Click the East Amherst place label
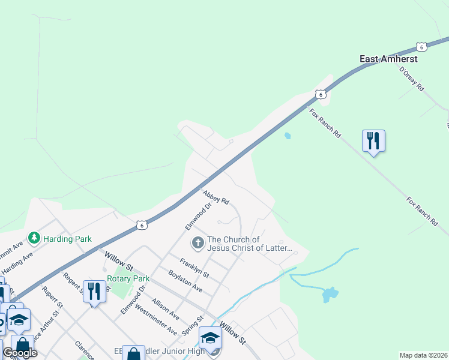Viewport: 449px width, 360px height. [x=388, y=59]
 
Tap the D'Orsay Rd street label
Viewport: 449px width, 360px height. [x=412, y=78]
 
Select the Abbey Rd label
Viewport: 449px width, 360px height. [x=216, y=197]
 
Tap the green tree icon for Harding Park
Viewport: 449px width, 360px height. [x=34, y=239]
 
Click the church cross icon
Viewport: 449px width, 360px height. [x=197, y=243]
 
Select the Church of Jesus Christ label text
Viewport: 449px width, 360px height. [x=249, y=243]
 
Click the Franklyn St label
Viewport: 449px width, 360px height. [x=194, y=268]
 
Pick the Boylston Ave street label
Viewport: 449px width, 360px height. [x=185, y=281]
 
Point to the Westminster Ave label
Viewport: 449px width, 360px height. [x=156, y=320]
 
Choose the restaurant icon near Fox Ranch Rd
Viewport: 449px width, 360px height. [x=373, y=141]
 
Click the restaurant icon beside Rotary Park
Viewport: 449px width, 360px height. [x=94, y=292]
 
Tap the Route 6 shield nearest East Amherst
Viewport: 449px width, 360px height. [x=422, y=46]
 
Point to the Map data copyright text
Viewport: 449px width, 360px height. [x=424, y=355]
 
